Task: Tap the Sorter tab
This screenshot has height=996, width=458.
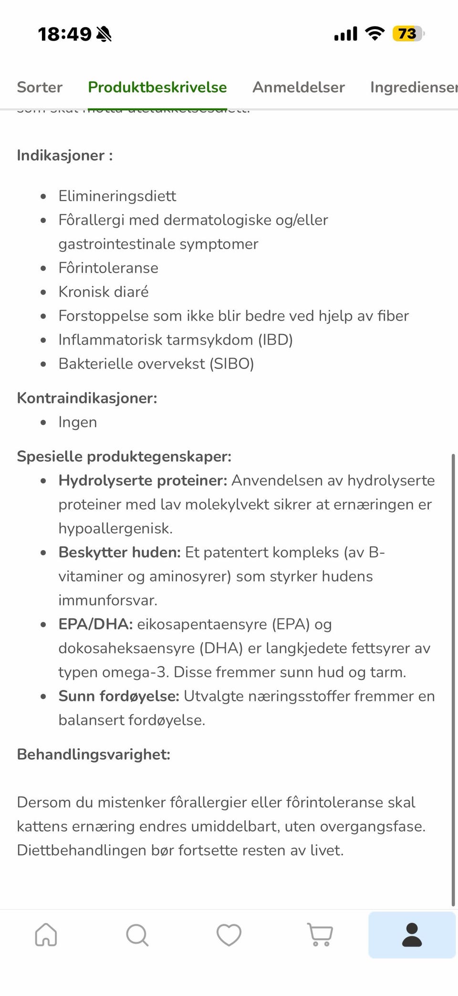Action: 40,87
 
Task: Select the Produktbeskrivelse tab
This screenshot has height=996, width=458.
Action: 157,87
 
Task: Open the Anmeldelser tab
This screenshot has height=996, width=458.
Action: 299,87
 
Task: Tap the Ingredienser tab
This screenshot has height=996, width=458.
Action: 413,87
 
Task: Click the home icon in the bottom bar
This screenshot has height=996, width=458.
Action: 46,934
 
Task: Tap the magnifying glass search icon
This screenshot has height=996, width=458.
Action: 137,934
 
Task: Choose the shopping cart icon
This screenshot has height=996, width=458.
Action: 320,934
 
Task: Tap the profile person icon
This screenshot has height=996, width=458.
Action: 412,934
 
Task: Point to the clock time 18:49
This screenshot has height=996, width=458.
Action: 64,34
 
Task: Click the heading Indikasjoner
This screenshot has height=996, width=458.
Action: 64,156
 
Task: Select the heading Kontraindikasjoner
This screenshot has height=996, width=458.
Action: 87,398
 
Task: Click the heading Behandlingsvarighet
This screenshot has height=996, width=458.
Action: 94,754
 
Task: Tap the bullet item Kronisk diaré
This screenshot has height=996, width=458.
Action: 104,292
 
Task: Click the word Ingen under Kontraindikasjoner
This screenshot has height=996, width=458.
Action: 78,422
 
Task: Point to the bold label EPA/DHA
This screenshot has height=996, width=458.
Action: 95,624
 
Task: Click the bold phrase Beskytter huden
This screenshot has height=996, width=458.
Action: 119,552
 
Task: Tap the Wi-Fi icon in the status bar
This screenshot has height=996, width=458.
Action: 375,33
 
